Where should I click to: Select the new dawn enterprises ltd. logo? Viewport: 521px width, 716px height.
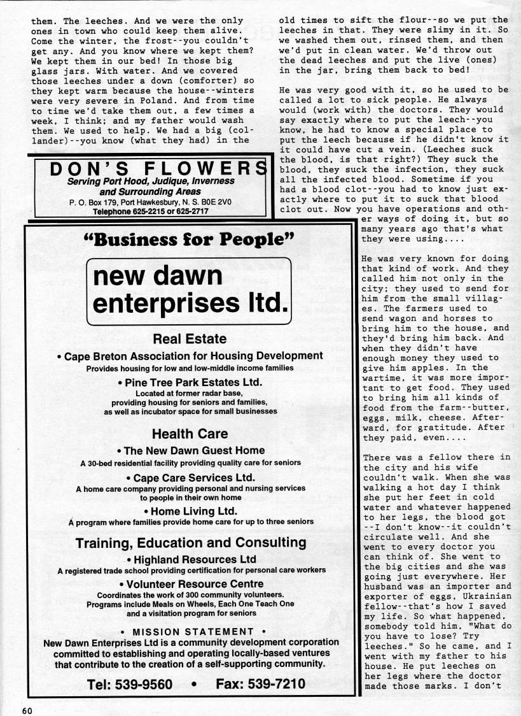click(189, 292)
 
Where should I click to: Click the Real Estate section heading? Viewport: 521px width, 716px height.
click(190, 339)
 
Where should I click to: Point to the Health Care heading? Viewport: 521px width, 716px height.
click(190, 434)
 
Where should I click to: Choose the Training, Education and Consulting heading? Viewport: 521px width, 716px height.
click(190, 543)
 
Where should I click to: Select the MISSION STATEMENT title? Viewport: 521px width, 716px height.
click(191, 631)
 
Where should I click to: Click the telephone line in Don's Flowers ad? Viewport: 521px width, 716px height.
click(150, 211)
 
